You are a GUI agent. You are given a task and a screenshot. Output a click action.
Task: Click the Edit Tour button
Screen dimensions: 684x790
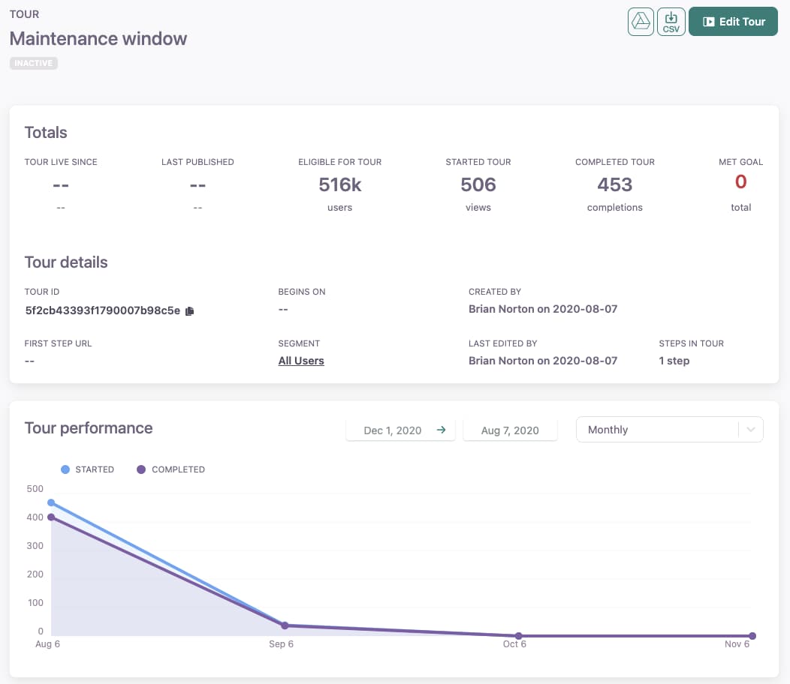733,22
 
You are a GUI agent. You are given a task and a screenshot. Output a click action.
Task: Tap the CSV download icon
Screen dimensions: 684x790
671,22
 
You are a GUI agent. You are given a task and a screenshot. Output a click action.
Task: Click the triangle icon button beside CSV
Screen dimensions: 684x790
641,22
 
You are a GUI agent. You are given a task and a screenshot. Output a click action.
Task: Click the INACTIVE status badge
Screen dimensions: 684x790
34,63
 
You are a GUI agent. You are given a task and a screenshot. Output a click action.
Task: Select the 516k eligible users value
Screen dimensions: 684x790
339,184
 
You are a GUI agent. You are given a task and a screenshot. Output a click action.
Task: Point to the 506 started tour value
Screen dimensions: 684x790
478,184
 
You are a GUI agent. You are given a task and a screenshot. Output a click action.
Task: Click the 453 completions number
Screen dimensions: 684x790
614,184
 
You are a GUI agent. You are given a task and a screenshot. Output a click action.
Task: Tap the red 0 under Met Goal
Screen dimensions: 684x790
740,181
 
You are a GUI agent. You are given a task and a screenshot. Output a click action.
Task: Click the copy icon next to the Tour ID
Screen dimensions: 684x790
189,310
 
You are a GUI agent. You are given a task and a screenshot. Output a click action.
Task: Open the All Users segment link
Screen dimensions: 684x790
301,361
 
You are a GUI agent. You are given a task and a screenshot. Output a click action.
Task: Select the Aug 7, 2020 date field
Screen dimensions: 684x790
510,430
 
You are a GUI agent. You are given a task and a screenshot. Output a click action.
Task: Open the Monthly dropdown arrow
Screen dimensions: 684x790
750,430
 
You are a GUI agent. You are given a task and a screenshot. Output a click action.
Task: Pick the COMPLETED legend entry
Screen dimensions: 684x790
170,469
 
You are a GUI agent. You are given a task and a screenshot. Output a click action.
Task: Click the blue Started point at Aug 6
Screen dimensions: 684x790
51,502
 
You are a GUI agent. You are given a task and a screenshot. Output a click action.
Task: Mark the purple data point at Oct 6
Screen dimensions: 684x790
518,636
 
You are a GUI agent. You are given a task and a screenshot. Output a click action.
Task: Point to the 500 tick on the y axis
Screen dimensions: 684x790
35,489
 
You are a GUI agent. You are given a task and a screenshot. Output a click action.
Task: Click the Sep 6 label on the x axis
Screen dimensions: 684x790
281,644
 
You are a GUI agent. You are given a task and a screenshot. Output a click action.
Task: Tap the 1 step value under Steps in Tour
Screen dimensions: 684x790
674,361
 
